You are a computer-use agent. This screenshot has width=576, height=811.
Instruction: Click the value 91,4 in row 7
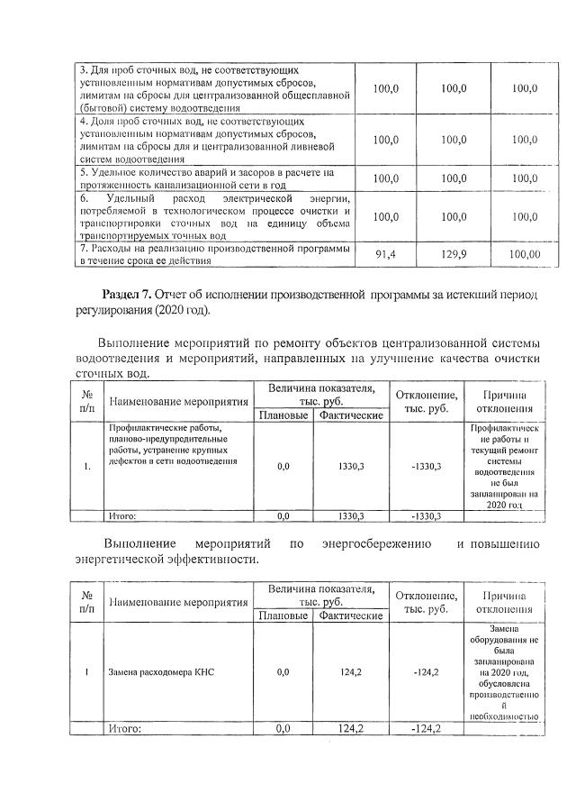385,255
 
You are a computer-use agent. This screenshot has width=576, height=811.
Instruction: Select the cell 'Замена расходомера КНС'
162,672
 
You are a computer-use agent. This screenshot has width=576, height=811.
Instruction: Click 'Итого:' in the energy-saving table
125,728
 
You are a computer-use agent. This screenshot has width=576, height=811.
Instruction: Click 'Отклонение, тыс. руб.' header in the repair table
425,402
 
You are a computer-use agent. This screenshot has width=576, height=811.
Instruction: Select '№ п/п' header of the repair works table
88,401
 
